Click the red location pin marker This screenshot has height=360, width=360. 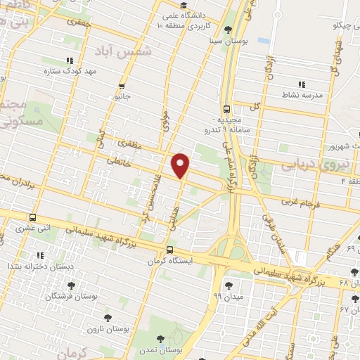181,165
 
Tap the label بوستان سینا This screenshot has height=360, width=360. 226,41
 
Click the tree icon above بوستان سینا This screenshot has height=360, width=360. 226,29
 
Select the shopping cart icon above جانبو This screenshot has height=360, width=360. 122,87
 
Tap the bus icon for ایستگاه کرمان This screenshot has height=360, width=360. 169,250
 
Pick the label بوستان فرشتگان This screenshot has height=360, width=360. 71,297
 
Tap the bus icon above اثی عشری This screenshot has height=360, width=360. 33,217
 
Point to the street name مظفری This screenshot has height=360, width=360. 119,144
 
